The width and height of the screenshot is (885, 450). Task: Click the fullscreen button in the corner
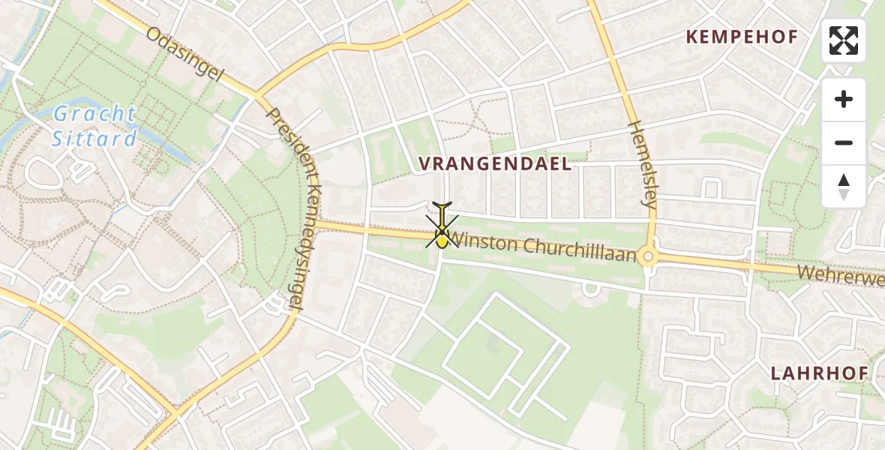pyautogui.click(x=844, y=40)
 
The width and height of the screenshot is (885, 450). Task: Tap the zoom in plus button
pyautogui.click(x=844, y=99)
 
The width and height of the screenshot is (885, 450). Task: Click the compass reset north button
pyautogui.click(x=844, y=187)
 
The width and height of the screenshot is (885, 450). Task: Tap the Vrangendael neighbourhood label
pyautogui.click(x=495, y=164)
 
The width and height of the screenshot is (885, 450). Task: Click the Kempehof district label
pyautogui.click(x=742, y=37)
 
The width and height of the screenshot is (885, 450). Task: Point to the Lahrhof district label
pyautogui.click(x=819, y=373)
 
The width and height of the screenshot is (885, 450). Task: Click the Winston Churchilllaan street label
pyautogui.click(x=543, y=248)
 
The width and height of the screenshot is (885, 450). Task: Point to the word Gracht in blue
pyautogui.click(x=94, y=115)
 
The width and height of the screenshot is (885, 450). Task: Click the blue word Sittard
pyautogui.click(x=94, y=139)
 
